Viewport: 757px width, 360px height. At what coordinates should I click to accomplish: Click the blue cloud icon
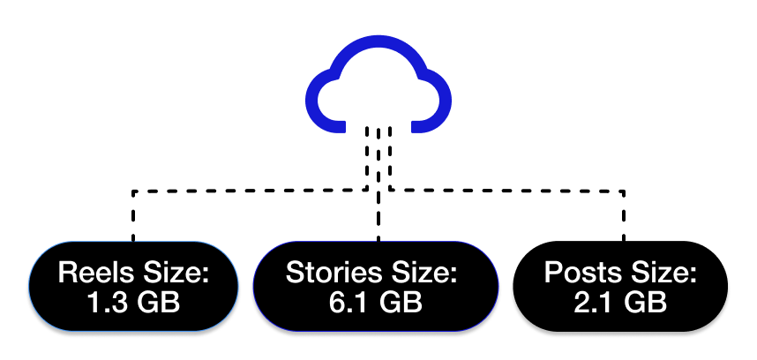[x=378, y=88]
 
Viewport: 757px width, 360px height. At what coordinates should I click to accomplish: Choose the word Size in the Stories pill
[x=423, y=273]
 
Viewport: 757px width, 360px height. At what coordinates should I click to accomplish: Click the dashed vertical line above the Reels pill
[x=133, y=216]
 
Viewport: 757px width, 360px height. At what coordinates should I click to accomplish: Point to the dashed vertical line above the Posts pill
[x=624, y=216]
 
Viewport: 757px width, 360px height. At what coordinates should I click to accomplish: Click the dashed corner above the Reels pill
[x=133, y=191]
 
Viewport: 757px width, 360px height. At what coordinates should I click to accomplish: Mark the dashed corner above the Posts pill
[x=624, y=191]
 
